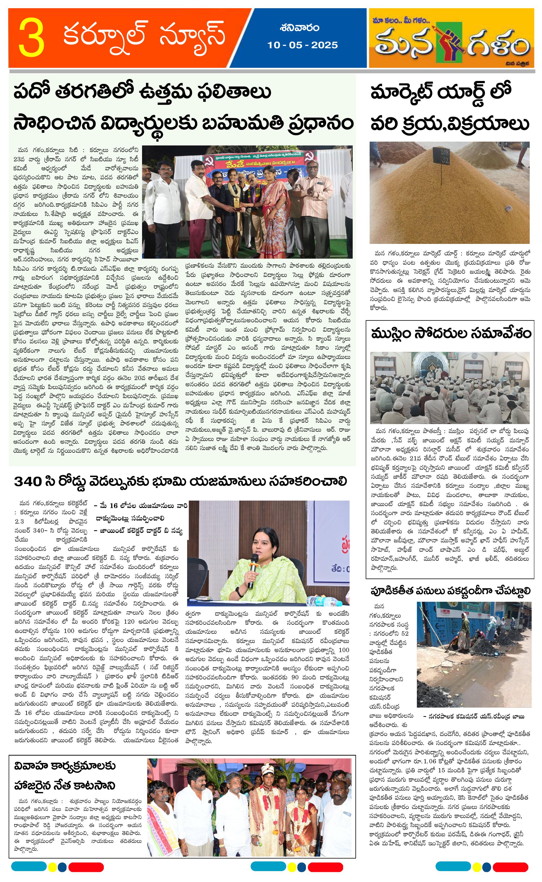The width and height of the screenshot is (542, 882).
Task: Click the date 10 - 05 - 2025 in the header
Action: [302, 45]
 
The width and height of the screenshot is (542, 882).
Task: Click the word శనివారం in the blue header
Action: [300, 28]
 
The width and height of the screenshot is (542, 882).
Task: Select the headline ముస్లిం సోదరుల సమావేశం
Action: [450, 334]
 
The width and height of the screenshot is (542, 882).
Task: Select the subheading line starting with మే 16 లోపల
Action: [140, 506]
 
